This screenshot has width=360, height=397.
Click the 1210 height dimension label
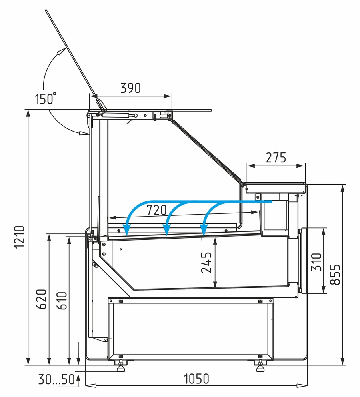pyautogui.click(x=20, y=237)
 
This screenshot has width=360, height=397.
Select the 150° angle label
pyautogui.click(x=45, y=98)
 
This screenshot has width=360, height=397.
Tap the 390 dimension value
pyautogui.click(x=130, y=88)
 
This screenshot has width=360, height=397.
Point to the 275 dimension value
pyautogui.click(x=276, y=158)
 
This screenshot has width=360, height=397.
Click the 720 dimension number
pyautogui.click(x=157, y=210)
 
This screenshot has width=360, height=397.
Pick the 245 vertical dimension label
pyautogui.click(x=206, y=262)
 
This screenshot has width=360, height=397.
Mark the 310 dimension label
pyautogui.click(x=316, y=262)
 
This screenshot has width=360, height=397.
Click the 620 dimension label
pyautogui.click(x=42, y=299)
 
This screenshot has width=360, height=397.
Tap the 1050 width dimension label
pyautogui.click(x=196, y=379)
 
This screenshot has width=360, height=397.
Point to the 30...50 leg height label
pyautogui.click(x=56, y=379)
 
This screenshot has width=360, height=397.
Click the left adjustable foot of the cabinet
pyautogui.click(x=120, y=366)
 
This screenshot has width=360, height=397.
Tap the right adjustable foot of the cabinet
pyautogui.click(x=260, y=366)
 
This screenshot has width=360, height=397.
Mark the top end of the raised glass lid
pyautogui.click(x=46, y=10)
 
